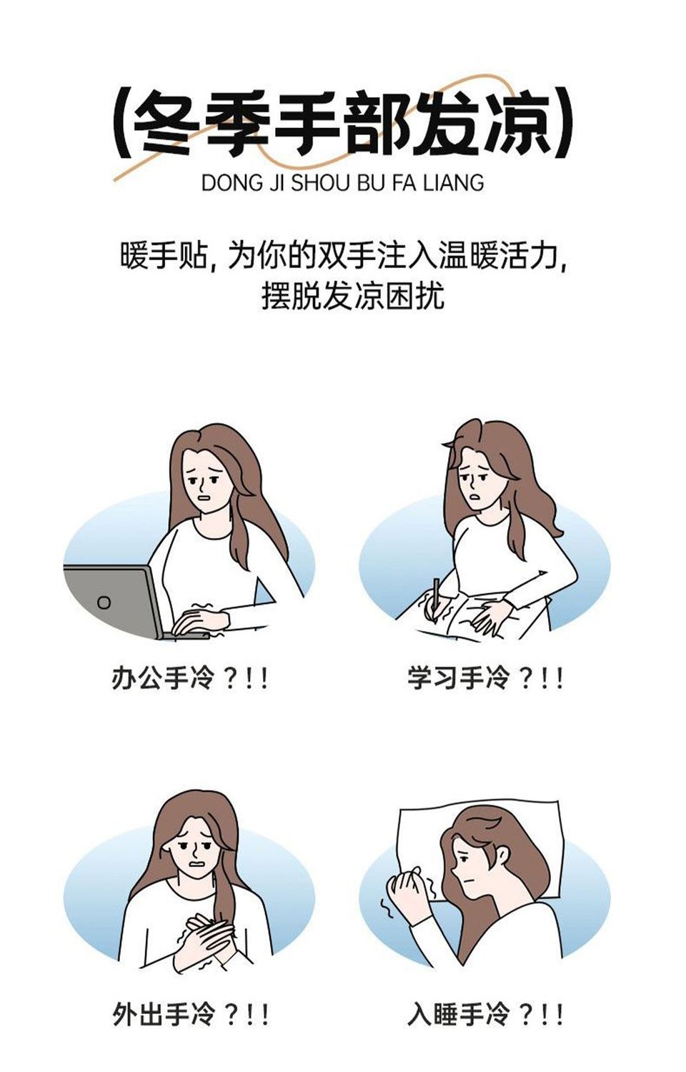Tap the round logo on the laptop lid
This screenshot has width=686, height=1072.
pos(104,602)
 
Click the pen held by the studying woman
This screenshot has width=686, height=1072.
pos(435,601)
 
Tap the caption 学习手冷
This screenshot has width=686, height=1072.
pos(457,679)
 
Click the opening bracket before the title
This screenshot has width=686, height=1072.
pos(120,123)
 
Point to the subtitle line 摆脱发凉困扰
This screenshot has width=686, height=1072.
pos(353,297)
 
